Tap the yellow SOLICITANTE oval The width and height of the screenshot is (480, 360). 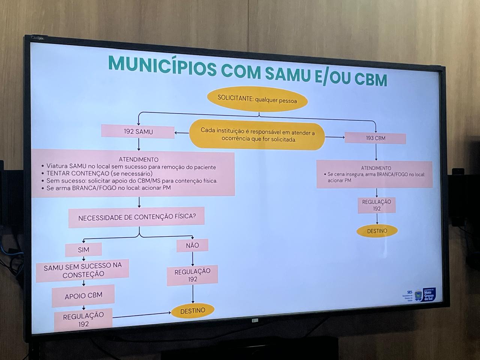click(257, 100)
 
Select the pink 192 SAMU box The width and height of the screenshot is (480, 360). click(138, 132)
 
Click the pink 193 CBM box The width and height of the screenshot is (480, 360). click(375, 138)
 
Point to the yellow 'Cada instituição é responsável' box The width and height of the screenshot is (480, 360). click(257, 136)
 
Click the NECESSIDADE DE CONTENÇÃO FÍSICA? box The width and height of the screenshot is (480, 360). click(136, 217)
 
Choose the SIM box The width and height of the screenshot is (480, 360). click(84, 250)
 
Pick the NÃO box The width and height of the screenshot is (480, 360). click(192, 246)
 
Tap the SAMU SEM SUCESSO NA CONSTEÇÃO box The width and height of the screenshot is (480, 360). click(82, 270)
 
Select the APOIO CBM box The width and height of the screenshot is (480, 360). click(83, 295)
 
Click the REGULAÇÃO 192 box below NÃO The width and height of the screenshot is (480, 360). click(192, 275)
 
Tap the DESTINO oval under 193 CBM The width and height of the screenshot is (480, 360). click(377, 231)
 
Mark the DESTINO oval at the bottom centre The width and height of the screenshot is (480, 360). click(193, 311)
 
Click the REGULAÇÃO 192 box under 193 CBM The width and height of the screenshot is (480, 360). click(376, 205)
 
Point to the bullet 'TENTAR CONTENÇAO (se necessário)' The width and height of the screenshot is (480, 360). click(99, 174)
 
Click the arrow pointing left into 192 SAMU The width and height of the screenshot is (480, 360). click(181, 133)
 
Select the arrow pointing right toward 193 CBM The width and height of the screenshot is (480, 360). click(335, 137)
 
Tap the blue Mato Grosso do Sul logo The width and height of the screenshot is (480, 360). click(429, 294)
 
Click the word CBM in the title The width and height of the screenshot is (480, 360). click(371, 79)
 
